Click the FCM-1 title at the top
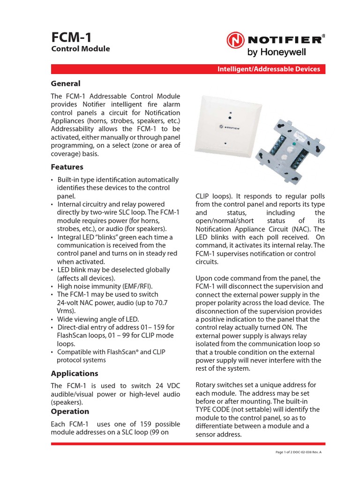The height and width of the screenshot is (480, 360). coord(71,36)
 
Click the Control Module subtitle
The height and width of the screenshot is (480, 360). coord(80,49)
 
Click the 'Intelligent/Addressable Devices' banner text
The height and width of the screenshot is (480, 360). coord(269,69)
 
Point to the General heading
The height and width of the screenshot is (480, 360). coord(66,83)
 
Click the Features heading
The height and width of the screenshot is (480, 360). coord(67,167)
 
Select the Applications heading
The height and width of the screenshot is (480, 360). coord(75,374)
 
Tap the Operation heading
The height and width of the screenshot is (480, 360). coord(70,411)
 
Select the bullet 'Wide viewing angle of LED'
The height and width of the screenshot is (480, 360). coord(98,319)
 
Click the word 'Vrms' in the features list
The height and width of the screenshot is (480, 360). coord(66,311)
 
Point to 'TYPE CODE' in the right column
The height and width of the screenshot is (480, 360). coord(212,409)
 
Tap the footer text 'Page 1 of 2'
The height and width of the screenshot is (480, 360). coord(287,452)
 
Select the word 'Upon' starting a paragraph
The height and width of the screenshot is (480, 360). coord(204,278)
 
